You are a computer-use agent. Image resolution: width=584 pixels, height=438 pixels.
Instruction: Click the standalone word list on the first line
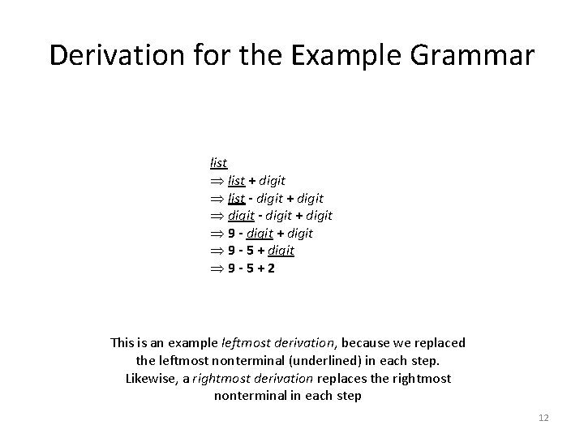(x=217, y=163)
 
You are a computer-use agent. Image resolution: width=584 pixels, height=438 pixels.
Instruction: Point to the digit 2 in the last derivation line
(x=270, y=268)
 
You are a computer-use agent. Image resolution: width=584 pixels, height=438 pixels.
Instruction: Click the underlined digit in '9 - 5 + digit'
(x=280, y=251)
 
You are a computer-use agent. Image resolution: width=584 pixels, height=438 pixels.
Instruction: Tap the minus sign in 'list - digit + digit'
(x=251, y=198)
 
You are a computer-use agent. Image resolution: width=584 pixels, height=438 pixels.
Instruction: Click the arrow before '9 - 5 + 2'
(x=215, y=268)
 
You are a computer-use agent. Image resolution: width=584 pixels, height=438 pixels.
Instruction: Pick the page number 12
(x=543, y=417)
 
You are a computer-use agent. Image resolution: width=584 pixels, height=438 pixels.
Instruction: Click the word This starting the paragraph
(x=124, y=343)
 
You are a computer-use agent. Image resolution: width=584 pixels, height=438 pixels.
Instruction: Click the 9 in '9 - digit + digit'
(x=231, y=234)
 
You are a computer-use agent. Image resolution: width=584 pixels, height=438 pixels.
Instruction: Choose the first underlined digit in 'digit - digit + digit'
(x=241, y=216)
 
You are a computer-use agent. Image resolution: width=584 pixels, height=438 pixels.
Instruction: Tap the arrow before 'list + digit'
(x=215, y=180)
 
